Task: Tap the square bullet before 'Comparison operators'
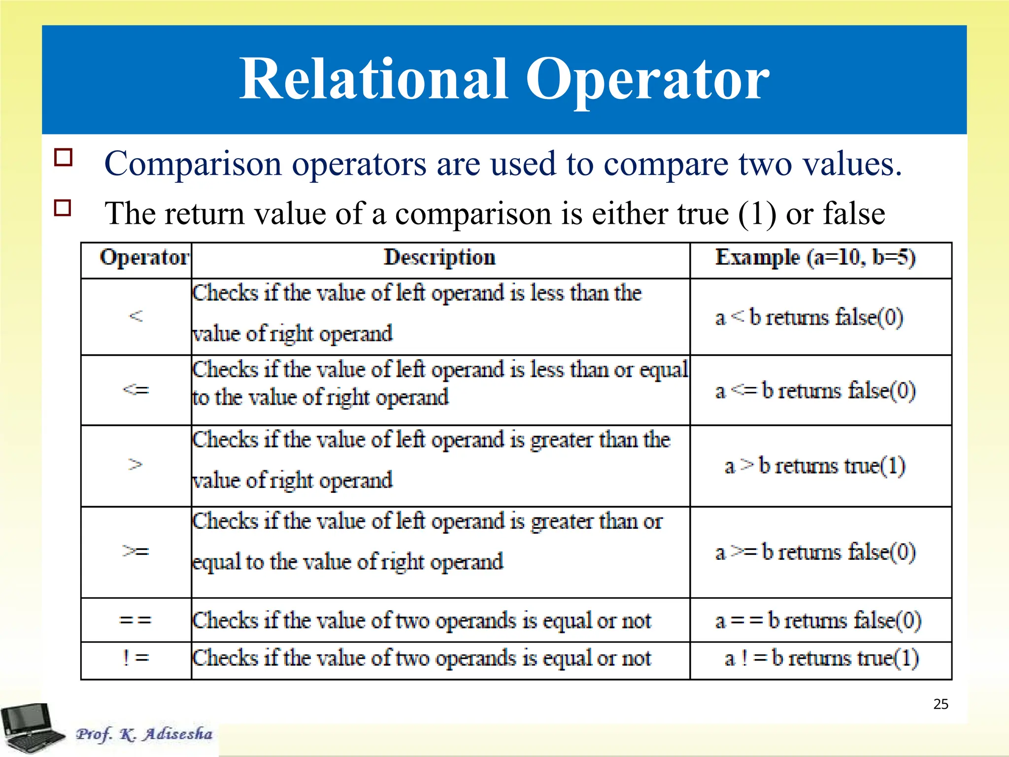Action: (64, 157)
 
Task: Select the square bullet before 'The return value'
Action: (63, 207)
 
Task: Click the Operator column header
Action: (144, 258)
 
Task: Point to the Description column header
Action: (439, 258)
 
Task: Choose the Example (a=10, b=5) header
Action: (815, 258)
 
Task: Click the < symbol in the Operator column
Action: (136, 316)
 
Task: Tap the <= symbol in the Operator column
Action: (135, 390)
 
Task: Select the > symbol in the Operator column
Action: (135, 464)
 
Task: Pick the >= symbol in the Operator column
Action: (135, 551)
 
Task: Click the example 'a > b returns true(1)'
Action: (815, 466)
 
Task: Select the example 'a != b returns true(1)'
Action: (821, 658)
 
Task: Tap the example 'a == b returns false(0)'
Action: (818, 620)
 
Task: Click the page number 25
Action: (941, 704)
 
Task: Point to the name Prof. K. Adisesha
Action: (144, 734)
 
